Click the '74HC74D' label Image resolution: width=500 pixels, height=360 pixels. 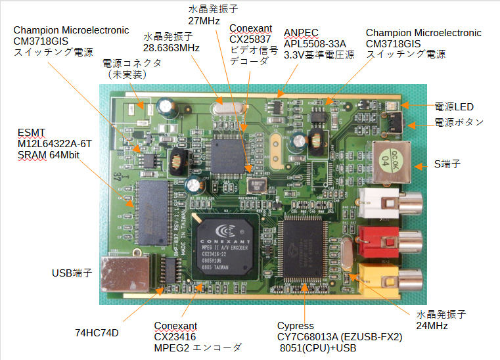coord(97,332)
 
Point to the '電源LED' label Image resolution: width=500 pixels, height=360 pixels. coord(454,107)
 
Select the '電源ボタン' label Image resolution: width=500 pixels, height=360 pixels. coord(459,122)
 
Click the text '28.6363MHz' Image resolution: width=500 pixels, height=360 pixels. coord(171,48)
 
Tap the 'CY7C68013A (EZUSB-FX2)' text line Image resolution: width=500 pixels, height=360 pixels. coord(339,337)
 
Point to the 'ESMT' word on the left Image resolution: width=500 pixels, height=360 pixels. coord(30,132)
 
